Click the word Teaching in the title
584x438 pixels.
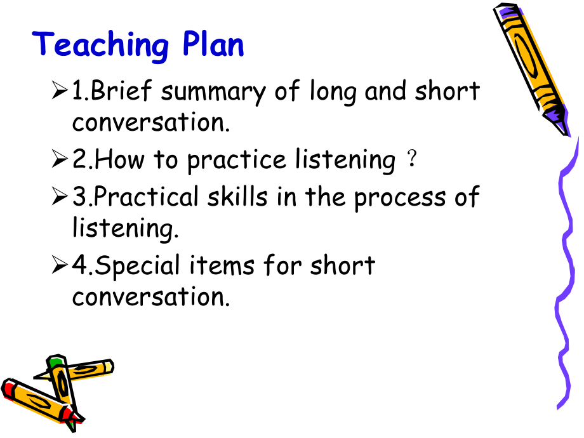tap(100, 46)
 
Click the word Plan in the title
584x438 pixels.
tap(213, 44)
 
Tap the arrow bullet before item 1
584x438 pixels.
tap(60, 90)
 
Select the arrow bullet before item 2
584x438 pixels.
tap(60, 159)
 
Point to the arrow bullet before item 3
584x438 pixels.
tap(60, 196)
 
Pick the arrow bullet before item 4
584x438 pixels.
tap(60, 265)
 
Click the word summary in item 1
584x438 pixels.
tap(213, 93)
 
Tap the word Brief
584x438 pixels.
tap(121, 90)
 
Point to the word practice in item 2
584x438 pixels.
tap(237, 161)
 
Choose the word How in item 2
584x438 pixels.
tap(119, 159)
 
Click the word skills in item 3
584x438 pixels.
tap(237, 196)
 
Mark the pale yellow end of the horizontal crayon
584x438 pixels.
tap(108, 367)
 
